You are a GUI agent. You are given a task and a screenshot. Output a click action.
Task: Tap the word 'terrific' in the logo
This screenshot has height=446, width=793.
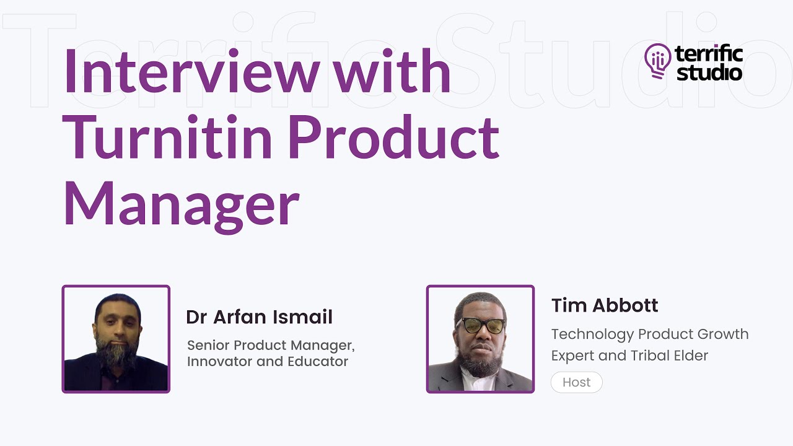click(709, 55)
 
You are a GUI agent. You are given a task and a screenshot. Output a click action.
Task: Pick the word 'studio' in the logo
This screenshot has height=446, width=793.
click(709, 72)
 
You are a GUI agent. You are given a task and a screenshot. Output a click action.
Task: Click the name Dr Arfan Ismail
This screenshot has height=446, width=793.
click(259, 317)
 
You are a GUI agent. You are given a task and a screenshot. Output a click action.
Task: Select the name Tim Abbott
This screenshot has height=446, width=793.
click(605, 305)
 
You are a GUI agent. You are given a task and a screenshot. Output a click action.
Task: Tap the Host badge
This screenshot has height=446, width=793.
click(576, 382)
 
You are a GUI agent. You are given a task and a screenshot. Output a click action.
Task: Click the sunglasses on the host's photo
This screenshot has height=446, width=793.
click(480, 325)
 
